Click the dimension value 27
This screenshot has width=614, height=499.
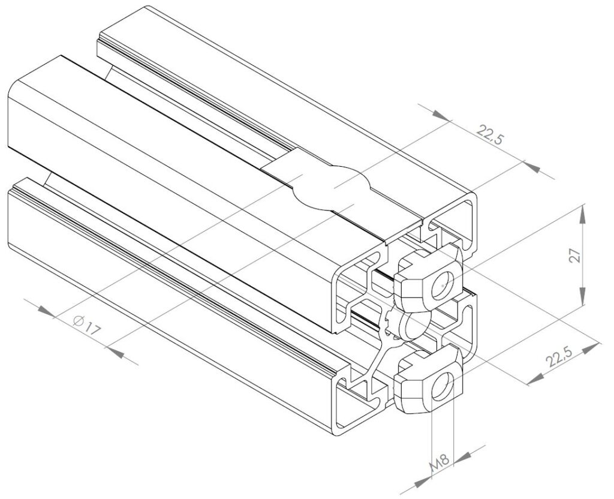pyautogui.click(x=575, y=256)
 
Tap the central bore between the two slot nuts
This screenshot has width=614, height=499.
pyautogui.click(x=414, y=327)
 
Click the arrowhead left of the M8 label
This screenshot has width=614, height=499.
pyautogui.click(x=423, y=480)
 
